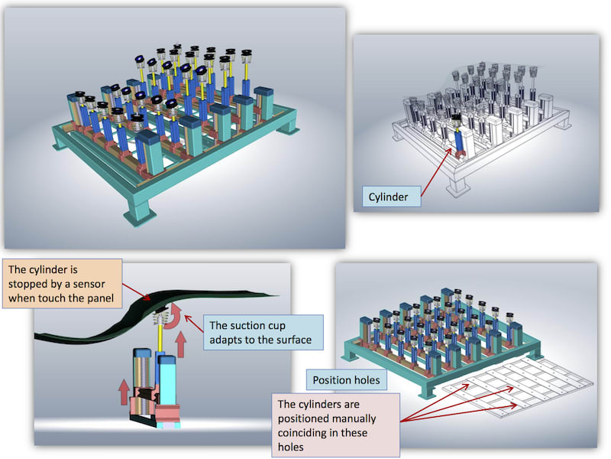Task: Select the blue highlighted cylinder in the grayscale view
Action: pos(461,141)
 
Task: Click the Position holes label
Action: pos(344,379)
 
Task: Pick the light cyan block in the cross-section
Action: pos(170,379)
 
